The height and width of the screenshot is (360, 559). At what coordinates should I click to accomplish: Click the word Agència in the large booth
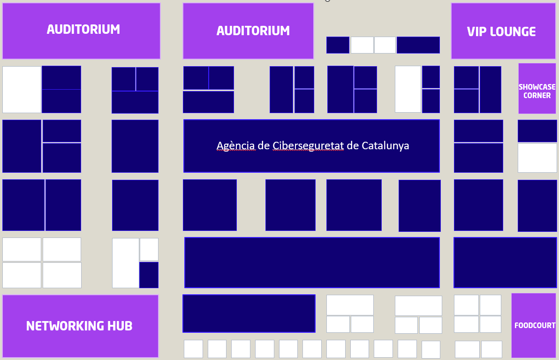click(235, 146)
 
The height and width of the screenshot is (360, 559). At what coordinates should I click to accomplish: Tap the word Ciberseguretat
click(308, 146)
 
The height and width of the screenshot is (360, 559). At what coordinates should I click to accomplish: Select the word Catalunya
click(385, 146)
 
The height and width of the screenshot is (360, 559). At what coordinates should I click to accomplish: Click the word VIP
click(476, 32)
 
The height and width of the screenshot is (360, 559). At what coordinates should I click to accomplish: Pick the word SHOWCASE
click(537, 87)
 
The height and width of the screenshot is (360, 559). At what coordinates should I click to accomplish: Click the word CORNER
click(537, 96)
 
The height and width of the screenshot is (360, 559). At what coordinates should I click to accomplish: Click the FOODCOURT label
click(535, 325)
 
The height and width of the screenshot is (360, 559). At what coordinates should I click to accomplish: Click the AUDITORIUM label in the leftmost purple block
click(83, 29)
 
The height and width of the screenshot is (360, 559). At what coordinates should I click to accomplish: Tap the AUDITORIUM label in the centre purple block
click(253, 31)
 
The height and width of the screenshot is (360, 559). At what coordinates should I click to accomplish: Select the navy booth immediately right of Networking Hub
click(249, 314)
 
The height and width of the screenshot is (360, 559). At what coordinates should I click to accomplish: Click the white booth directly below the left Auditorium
click(22, 90)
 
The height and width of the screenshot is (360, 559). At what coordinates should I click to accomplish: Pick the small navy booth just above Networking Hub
click(149, 275)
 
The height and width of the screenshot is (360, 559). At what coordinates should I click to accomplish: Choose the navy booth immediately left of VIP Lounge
click(418, 45)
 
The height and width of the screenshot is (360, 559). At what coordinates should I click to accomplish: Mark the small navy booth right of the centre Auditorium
click(338, 45)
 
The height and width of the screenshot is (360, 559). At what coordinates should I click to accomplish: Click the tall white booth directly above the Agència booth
click(408, 89)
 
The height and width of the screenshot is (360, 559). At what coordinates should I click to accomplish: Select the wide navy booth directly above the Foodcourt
click(505, 262)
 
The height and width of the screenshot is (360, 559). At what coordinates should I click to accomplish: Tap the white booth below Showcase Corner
click(537, 158)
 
